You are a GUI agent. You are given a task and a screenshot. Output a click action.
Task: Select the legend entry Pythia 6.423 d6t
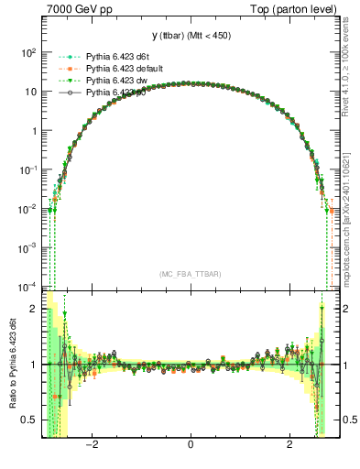[x=118, y=57]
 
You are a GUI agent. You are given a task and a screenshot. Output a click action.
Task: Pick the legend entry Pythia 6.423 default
[x=125, y=69]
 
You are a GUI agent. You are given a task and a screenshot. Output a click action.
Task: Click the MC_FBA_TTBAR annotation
[x=191, y=274]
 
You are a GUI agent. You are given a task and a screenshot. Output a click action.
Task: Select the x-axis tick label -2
[x=92, y=446]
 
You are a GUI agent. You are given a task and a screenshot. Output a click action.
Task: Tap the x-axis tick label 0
[x=191, y=446]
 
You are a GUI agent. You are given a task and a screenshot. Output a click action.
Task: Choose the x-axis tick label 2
[x=289, y=446]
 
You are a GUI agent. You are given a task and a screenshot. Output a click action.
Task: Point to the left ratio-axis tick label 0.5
[x=29, y=420]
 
